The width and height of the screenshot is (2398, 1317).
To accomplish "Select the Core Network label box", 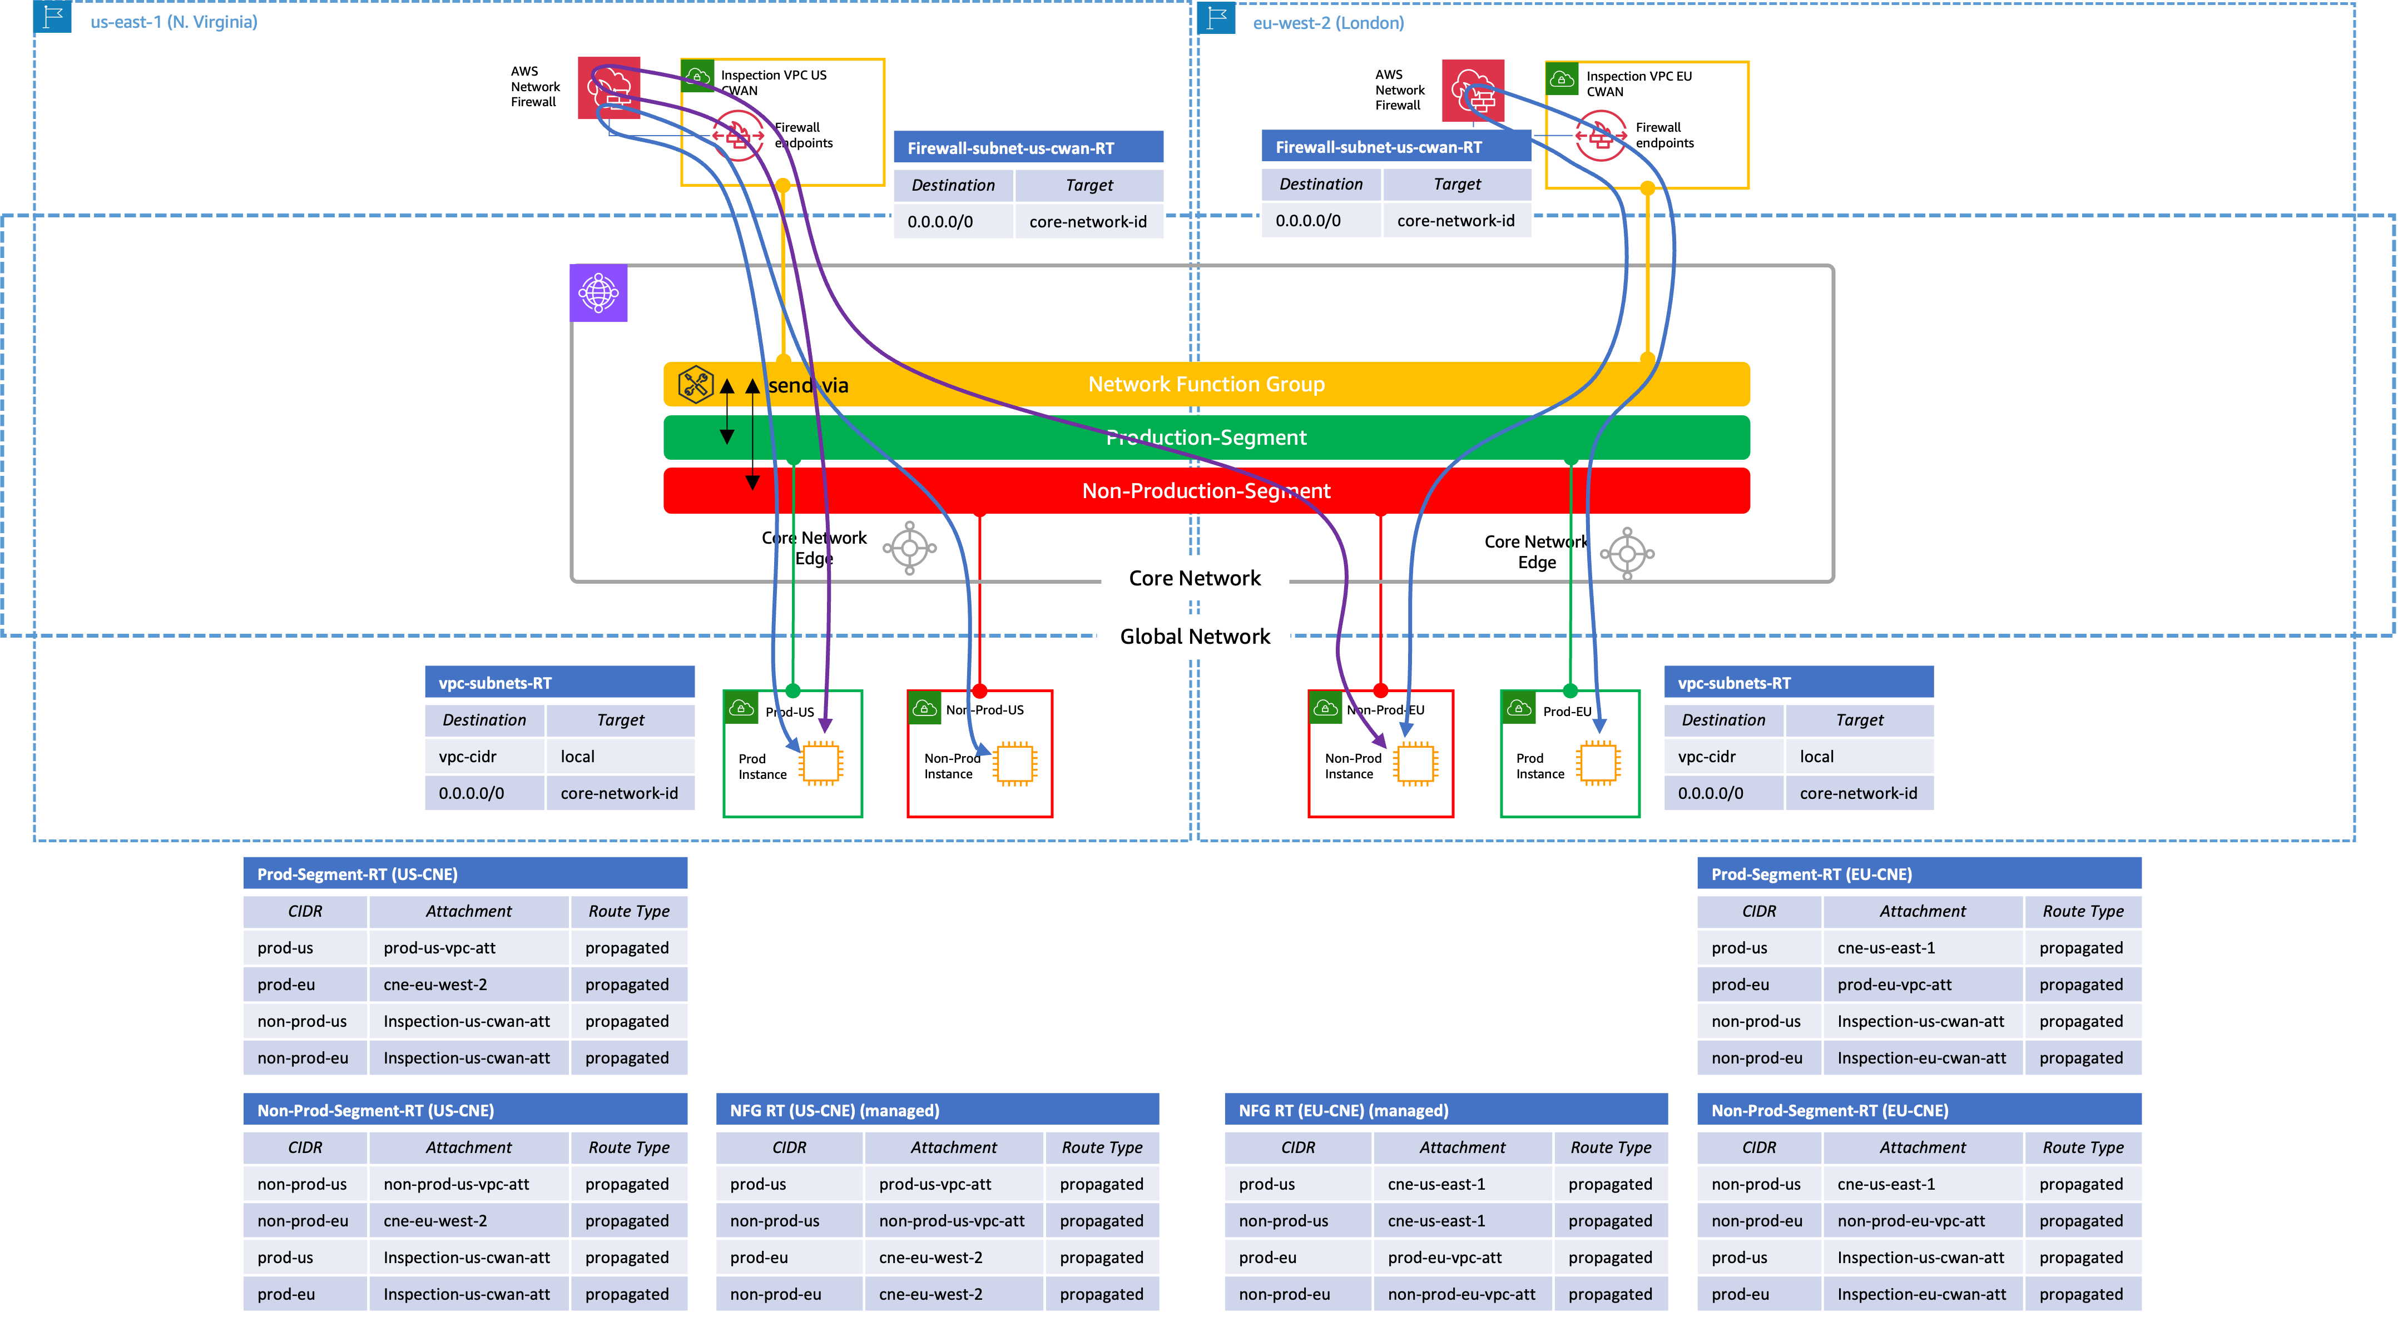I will [1195, 578].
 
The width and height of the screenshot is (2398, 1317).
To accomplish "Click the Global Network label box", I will [1195, 637].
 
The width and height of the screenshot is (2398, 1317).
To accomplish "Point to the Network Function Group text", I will [1206, 384].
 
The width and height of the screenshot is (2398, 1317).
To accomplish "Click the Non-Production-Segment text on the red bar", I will [1206, 490].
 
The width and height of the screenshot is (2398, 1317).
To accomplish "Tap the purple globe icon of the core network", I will [598, 293].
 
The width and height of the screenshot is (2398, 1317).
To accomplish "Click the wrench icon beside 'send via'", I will [695, 384].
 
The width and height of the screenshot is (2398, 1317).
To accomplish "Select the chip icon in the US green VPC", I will [820, 763].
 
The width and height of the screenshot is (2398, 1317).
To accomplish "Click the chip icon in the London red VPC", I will [1414, 763].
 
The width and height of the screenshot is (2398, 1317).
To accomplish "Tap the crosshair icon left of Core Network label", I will [909, 548].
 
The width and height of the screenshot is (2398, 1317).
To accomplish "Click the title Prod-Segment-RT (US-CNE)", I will [358, 874].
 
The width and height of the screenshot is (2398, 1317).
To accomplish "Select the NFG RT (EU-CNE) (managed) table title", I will [1343, 1110].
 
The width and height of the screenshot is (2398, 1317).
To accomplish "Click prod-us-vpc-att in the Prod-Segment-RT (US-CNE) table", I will [439, 947].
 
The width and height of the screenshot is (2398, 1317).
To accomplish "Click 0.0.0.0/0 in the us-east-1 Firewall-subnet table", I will [940, 221].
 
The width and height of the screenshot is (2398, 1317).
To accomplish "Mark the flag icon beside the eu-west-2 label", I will [1217, 18].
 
